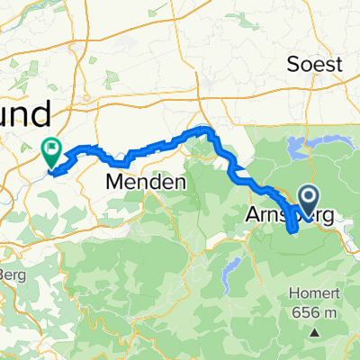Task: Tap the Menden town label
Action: click(x=146, y=182)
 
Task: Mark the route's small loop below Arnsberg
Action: click(x=293, y=224)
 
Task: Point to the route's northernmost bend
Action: click(x=207, y=131)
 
